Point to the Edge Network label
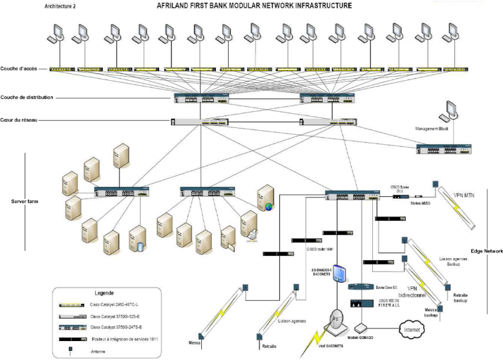pos(486,251)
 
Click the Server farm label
pos(27,201)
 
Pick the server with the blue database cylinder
pos(139,238)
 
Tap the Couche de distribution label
pos(26,97)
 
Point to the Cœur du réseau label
pos(21,120)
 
